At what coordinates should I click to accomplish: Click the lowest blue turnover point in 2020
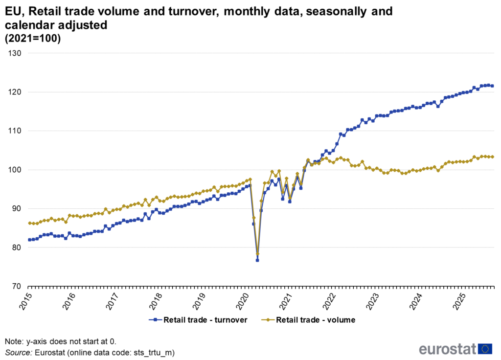click(x=257, y=260)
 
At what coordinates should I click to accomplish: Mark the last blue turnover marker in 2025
click(x=492, y=86)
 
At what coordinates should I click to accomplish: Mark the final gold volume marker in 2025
click(x=492, y=157)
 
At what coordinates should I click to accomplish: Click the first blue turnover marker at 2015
click(x=29, y=240)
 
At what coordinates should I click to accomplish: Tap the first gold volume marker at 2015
click(x=29, y=223)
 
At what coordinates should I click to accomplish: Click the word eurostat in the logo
click(x=447, y=349)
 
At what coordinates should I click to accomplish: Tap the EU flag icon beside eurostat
click(x=485, y=349)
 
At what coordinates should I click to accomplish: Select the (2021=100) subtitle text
click(x=33, y=40)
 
